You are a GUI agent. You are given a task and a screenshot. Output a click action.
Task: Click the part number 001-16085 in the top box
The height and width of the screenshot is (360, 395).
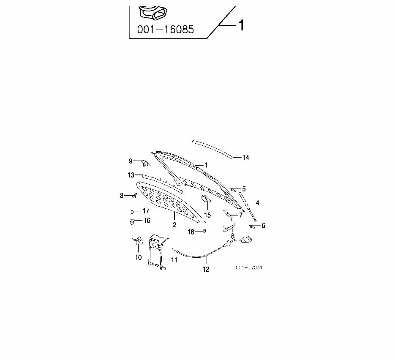[x=166, y=30]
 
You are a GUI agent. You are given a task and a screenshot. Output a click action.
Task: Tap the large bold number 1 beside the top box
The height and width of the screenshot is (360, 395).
[x=241, y=26]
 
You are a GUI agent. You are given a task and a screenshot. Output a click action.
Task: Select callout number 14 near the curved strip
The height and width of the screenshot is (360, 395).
[x=246, y=158]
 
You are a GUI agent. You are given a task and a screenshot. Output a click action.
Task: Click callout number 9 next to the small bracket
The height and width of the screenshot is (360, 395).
[x=131, y=161]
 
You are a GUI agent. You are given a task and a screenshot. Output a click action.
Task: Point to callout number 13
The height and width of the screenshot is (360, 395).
[x=131, y=175]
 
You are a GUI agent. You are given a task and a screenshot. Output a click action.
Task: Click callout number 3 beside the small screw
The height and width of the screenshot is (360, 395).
[x=122, y=195]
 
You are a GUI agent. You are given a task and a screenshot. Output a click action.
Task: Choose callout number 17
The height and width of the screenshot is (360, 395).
[x=145, y=211]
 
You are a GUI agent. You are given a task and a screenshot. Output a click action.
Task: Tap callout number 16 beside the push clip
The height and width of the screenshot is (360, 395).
[x=147, y=221]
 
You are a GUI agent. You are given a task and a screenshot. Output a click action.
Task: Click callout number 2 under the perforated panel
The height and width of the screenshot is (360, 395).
[x=174, y=225]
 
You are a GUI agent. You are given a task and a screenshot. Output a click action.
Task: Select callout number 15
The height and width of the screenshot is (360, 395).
[x=207, y=215]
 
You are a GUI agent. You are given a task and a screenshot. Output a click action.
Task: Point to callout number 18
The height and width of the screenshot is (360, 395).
[x=191, y=232]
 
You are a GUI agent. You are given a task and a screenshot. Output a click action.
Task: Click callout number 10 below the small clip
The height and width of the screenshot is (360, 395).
[x=139, y=257]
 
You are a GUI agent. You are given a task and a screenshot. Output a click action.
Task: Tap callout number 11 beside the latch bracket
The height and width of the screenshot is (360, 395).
[x=174, y=260]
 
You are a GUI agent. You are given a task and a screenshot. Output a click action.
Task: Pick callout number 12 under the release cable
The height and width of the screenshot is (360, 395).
[x=206, y=269]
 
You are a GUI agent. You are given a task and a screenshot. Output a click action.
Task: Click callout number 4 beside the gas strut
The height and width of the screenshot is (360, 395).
[x=257, y=203]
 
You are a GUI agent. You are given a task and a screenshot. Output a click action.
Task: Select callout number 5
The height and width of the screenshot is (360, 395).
[x=244, y=189]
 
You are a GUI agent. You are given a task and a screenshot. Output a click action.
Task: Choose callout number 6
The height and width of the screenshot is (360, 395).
[x=263, y=226]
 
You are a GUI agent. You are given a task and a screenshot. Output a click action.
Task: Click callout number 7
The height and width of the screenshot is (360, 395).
[x=241, y=215]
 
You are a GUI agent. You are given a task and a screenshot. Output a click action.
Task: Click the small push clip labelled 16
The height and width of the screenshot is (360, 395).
[x=132, y=221]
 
